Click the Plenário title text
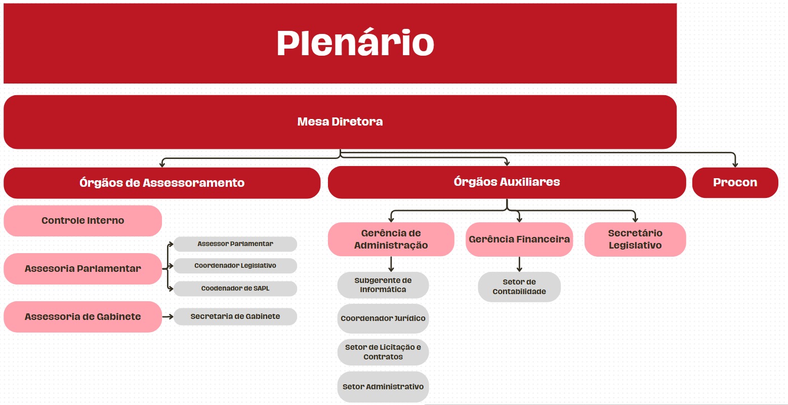coord(355,43)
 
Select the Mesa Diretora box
coord(340,122)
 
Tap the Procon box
coord(735,183)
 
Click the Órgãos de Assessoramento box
coord(162,183)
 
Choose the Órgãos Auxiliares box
coord(507,182)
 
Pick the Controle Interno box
coord(82,221)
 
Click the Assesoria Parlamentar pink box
coord(82,269)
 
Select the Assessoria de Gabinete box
coord(82,317)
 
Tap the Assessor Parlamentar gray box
coord(235,244)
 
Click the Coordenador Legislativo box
coord(235,266)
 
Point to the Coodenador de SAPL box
coord(235,289)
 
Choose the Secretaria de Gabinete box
coord(235,316)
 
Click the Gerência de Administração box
coord(391,239)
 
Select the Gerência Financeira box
coord(519,239)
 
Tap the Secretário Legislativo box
coord(635,239)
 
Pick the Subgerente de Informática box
coord(383,285)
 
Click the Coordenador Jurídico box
coord(383,318)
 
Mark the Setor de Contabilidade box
coord(519,287)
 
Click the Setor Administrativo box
coord(383,387)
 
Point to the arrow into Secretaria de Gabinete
coord(168,317)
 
